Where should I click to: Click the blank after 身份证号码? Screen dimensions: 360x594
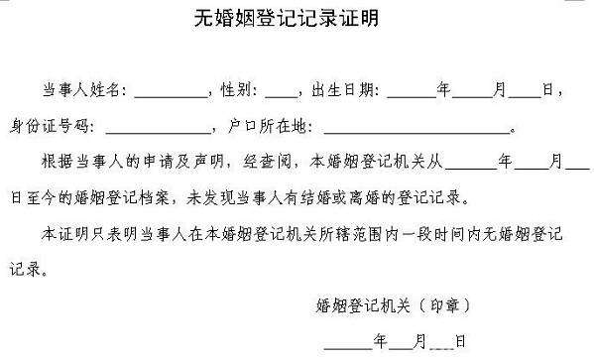[x=159, y=126]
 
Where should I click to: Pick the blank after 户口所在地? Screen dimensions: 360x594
[x=416, y=126]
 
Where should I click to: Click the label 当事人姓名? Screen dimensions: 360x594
[x=83, y=90]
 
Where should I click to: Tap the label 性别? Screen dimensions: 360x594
[x=239, y=90]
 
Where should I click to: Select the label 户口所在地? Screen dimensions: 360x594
[x=275, y=126]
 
